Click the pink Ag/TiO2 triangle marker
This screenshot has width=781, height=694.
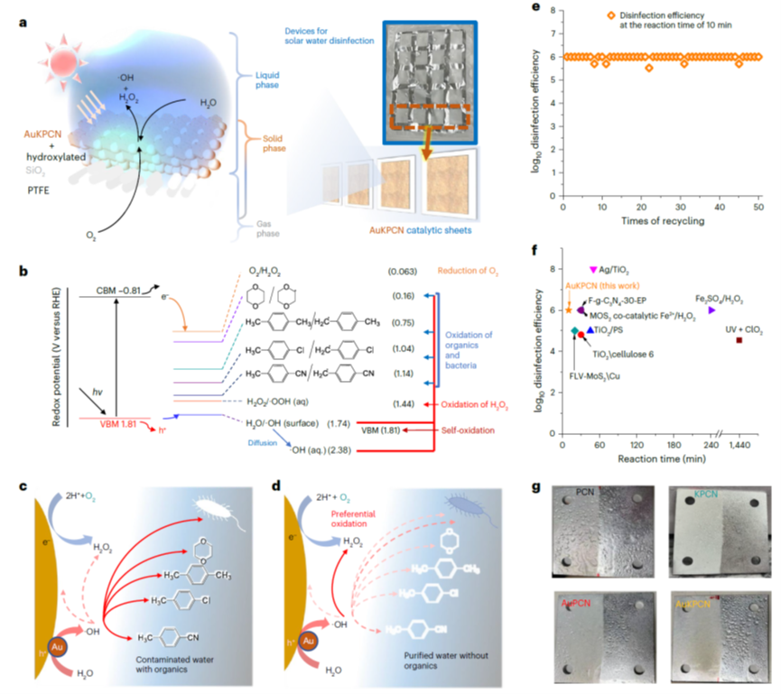[x=593, y=270]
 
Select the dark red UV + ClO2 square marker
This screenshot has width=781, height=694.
[x=739, y=340]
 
